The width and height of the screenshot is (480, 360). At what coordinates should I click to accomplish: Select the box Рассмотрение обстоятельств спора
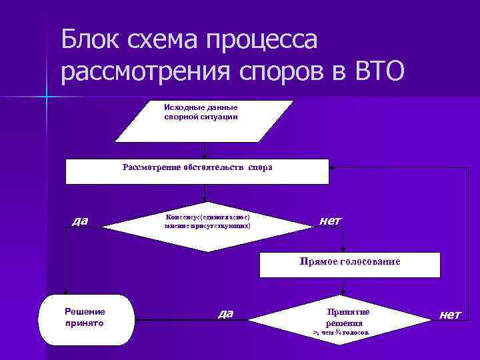click(197, 171)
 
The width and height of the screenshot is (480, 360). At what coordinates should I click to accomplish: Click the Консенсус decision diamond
click(207, 226)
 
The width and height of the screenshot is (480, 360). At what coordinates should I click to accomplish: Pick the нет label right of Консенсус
click(330, 220)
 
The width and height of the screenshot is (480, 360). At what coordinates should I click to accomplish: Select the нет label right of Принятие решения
click(449, 314)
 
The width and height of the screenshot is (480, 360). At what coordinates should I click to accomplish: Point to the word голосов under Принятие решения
click(356, 331)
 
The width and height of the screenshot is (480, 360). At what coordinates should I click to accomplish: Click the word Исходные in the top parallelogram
click(180, 107)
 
